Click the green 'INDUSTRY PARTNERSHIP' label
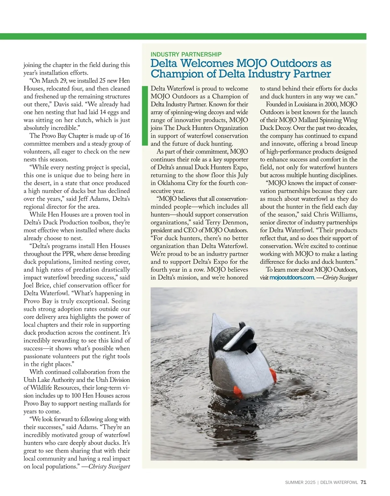pyautogui.click(x=186, y=55)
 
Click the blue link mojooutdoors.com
pyautogui.click(x=292, y=278)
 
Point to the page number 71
pyautogui.click(x=363, y=482)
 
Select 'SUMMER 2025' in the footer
pyautogui.click(x=300, y=483)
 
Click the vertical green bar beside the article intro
pyautogui.click(x=145, y=115)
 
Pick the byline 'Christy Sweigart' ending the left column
pyautogui.click(x=109, y=466)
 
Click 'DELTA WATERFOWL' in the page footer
pyautogui.click(x=339, y=483)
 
